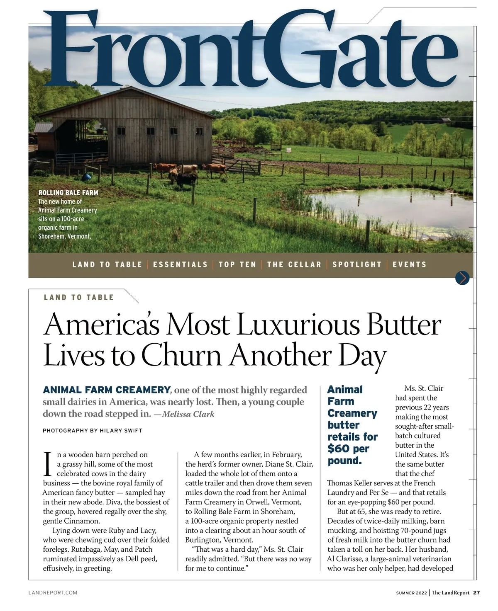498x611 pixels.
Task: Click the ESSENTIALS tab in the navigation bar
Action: [180, 264]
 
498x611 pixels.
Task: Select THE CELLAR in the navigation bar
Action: [294, 264]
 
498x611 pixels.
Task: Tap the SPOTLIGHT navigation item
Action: [357, 264]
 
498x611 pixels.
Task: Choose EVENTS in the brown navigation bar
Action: [409, 264]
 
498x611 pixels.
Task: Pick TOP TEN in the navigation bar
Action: [237, 264]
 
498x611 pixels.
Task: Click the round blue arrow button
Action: [462, 278]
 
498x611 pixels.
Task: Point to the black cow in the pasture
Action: [187, 179]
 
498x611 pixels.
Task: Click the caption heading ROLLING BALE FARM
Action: [68, 193]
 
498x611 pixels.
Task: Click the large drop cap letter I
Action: [48, 464]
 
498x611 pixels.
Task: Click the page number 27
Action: [476, 593]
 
